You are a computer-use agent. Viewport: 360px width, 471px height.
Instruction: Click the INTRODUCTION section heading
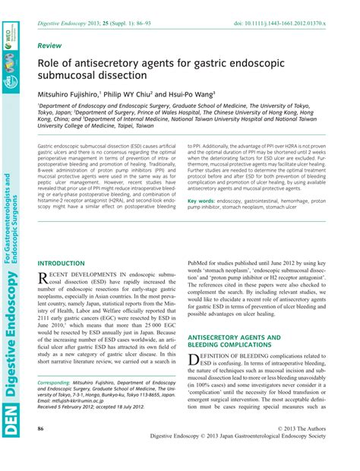[62, 263]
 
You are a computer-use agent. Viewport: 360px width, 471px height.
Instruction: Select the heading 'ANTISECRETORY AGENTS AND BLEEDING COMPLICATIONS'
[235, 340]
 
